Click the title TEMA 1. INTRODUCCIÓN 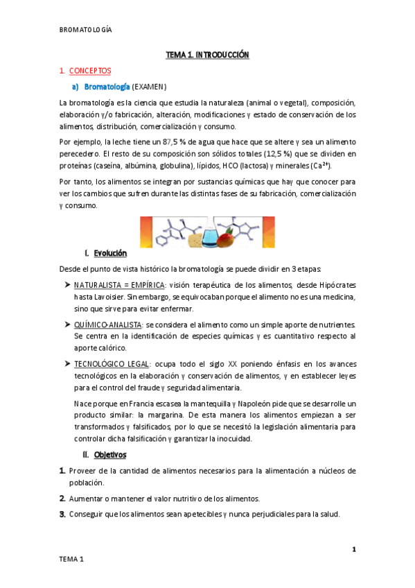pyautogui.click(x=206, y=54)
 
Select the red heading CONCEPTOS pyautogui.click(x=89, y=70)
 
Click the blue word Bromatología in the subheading pyautogui.click(x=107, y=86)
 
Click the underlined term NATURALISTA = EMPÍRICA pyautogui.click(x=119, y=285)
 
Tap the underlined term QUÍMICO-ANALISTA pyautogui.click(x=109, y=325)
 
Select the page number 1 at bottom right pyautogui.click(x=353, y=550)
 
